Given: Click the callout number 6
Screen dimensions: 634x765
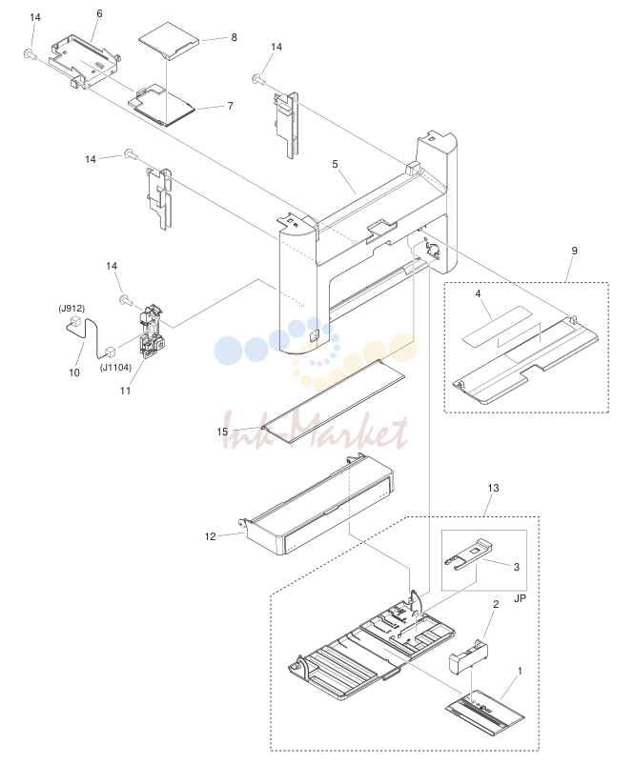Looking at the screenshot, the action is tap(99, 13).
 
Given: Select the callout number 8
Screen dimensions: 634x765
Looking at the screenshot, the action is tap(235, 37).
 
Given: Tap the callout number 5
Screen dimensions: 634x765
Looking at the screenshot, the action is tap(335, 165).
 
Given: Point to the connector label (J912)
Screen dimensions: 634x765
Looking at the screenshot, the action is tap(72, 309).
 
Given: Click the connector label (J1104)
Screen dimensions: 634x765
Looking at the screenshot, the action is tap(115, 368).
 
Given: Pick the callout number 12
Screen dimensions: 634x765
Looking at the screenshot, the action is tap(210, 536).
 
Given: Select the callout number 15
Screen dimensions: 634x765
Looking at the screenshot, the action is tap(222, 432).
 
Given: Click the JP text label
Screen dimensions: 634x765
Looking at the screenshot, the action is tap(520, 598).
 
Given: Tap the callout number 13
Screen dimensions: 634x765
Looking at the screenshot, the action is tap(493, 488).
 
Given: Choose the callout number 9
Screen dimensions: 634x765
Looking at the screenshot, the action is tap(575, 251).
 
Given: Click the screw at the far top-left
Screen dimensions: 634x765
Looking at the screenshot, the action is tap(30, 54).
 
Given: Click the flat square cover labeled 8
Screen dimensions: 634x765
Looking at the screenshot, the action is tap(169, 40).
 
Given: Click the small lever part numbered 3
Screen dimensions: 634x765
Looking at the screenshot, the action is tap(467, 554).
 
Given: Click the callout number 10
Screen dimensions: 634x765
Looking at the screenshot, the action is tap(74, 372).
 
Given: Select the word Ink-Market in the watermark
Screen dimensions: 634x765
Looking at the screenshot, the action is tap(315, 432).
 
